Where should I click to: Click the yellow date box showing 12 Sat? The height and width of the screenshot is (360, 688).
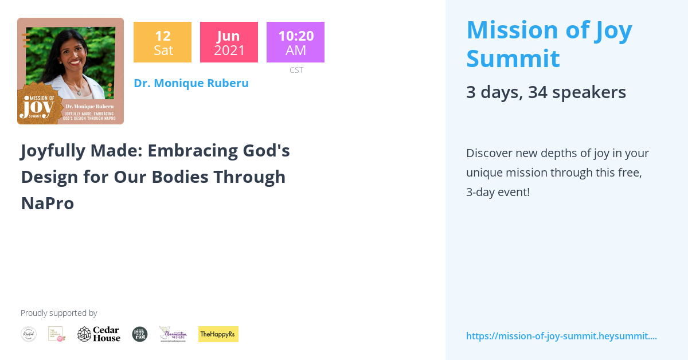(x=162, y=42)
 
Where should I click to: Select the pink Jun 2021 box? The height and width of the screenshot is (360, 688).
(x=229, y=42)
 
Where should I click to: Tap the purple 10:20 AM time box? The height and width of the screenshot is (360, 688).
(x=295, y=42)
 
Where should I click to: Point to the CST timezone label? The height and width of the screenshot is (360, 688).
(x=296, y=70)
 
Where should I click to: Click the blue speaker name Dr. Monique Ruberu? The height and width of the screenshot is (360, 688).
(x=191, y=83)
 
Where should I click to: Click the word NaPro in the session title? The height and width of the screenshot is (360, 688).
(x=48, y=203)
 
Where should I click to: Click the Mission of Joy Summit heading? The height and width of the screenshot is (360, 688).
(x=549, y=44)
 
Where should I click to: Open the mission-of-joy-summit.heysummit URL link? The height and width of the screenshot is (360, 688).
(x=561, y=336)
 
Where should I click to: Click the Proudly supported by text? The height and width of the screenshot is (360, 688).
(x=58, y=313)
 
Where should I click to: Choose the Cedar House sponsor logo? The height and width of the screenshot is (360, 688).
(x=99, y=334)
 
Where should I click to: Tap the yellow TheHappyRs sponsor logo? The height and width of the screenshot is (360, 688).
(x=218, y=334)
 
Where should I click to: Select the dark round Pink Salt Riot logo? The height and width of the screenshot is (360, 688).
(x=140, y=334)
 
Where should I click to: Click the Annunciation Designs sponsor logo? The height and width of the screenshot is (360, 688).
(x=173, y=334)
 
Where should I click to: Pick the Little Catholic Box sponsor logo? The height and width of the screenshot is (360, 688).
(x=56, y=334)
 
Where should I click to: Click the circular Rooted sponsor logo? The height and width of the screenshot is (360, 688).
(x=29, y=334)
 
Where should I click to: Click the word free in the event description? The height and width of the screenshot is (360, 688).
(x=626, y=173)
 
